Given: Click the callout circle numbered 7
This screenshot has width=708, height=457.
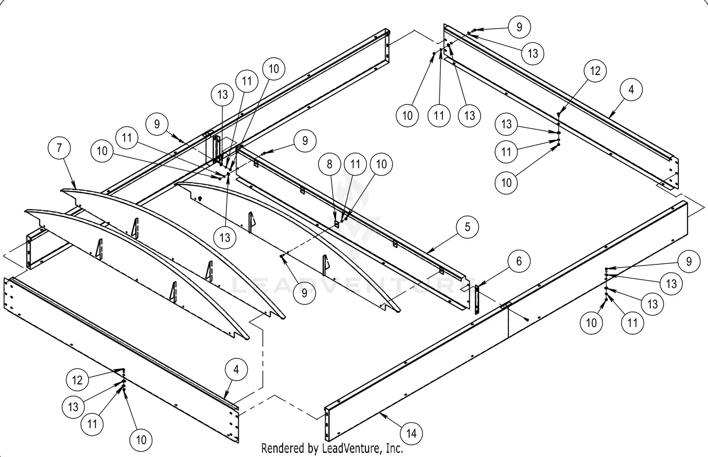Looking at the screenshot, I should coord(59,148).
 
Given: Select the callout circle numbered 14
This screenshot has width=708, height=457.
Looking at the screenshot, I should coord(412,433).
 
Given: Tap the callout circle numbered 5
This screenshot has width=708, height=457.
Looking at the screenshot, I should coord(467,227).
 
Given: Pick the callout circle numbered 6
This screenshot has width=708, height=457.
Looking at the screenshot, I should coord(519,261).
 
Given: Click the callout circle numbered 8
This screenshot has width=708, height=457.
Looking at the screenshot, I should coord(329,164).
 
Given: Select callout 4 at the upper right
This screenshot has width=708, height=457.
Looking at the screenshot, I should coord(632,89).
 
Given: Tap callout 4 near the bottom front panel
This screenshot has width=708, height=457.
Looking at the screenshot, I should coord(236,370).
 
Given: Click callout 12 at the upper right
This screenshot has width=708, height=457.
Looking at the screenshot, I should coord(595,71).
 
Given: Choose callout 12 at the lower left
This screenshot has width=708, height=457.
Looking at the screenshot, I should coord(77,380).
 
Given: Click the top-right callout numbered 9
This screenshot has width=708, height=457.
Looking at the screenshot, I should coord(519,27).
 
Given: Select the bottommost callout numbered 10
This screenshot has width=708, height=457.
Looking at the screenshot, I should coord(141,440).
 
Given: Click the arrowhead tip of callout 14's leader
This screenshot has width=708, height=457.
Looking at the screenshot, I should coord(380,413).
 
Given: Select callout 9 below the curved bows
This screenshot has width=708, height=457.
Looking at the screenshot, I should coord(304,293).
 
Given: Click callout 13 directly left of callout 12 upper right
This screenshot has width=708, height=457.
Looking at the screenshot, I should coord(506,124).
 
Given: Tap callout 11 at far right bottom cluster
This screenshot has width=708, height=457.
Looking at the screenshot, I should coord(632,323).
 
